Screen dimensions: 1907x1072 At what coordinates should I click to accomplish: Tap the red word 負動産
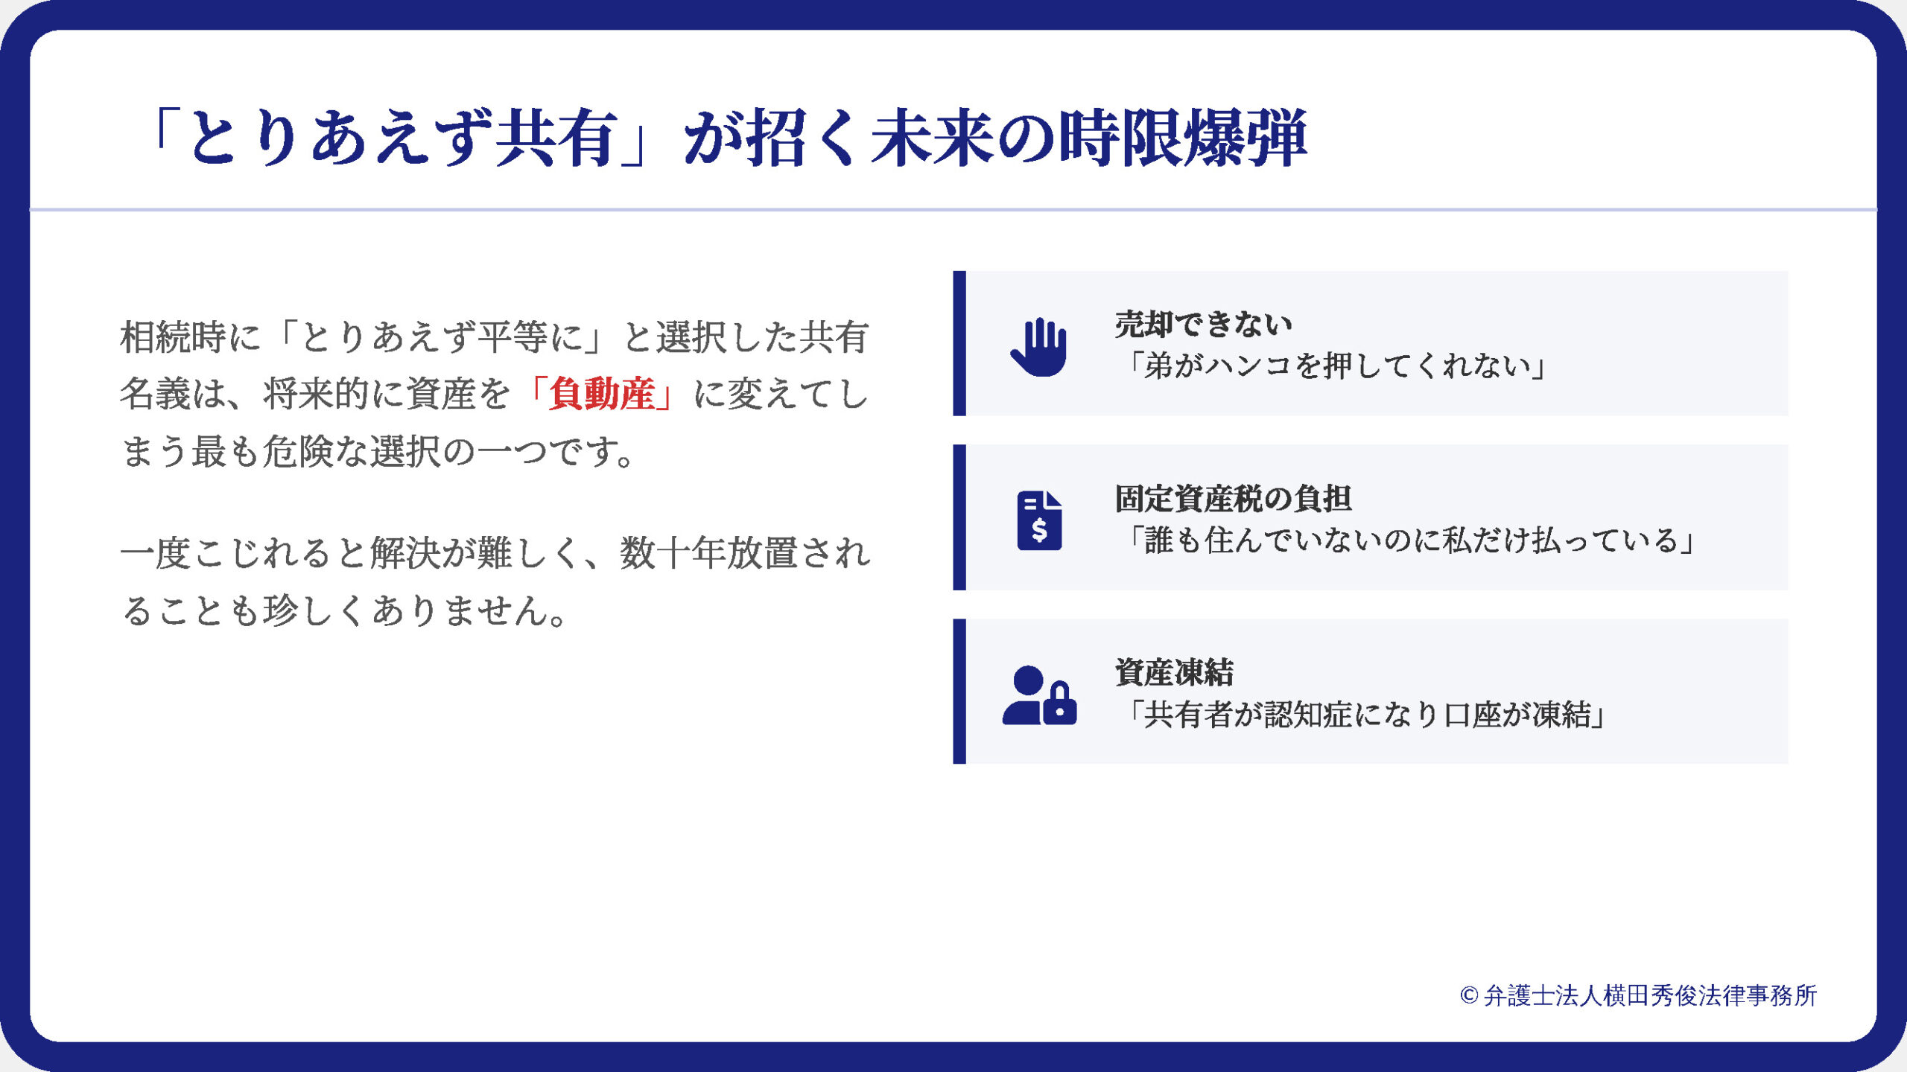(x=602, y=394)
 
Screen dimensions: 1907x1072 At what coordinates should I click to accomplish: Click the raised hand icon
(x=1038, y=347)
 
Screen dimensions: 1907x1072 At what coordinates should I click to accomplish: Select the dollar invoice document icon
(x=1039, y=520)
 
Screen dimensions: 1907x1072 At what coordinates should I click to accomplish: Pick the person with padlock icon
(x=1039, y=695)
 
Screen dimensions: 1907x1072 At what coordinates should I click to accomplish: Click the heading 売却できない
(x=1203, y=325)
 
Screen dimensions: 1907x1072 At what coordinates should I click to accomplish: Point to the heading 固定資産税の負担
(x=1233, y=499)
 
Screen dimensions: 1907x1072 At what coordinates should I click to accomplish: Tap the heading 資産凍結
(x=1174, y=672)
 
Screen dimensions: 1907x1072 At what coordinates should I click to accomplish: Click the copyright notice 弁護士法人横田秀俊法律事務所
(x=1639, y=995)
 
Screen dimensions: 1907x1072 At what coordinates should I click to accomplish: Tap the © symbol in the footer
(x=1469, y=996)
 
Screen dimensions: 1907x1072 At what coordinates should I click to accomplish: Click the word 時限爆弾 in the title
(x=1183, y=138)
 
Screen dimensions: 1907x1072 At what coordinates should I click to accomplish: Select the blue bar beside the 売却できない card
(x=959, y=343)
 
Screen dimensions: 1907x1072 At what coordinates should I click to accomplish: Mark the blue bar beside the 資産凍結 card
(x=959, y=691)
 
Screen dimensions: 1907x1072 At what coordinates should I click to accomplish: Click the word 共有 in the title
(x=557, y=138)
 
